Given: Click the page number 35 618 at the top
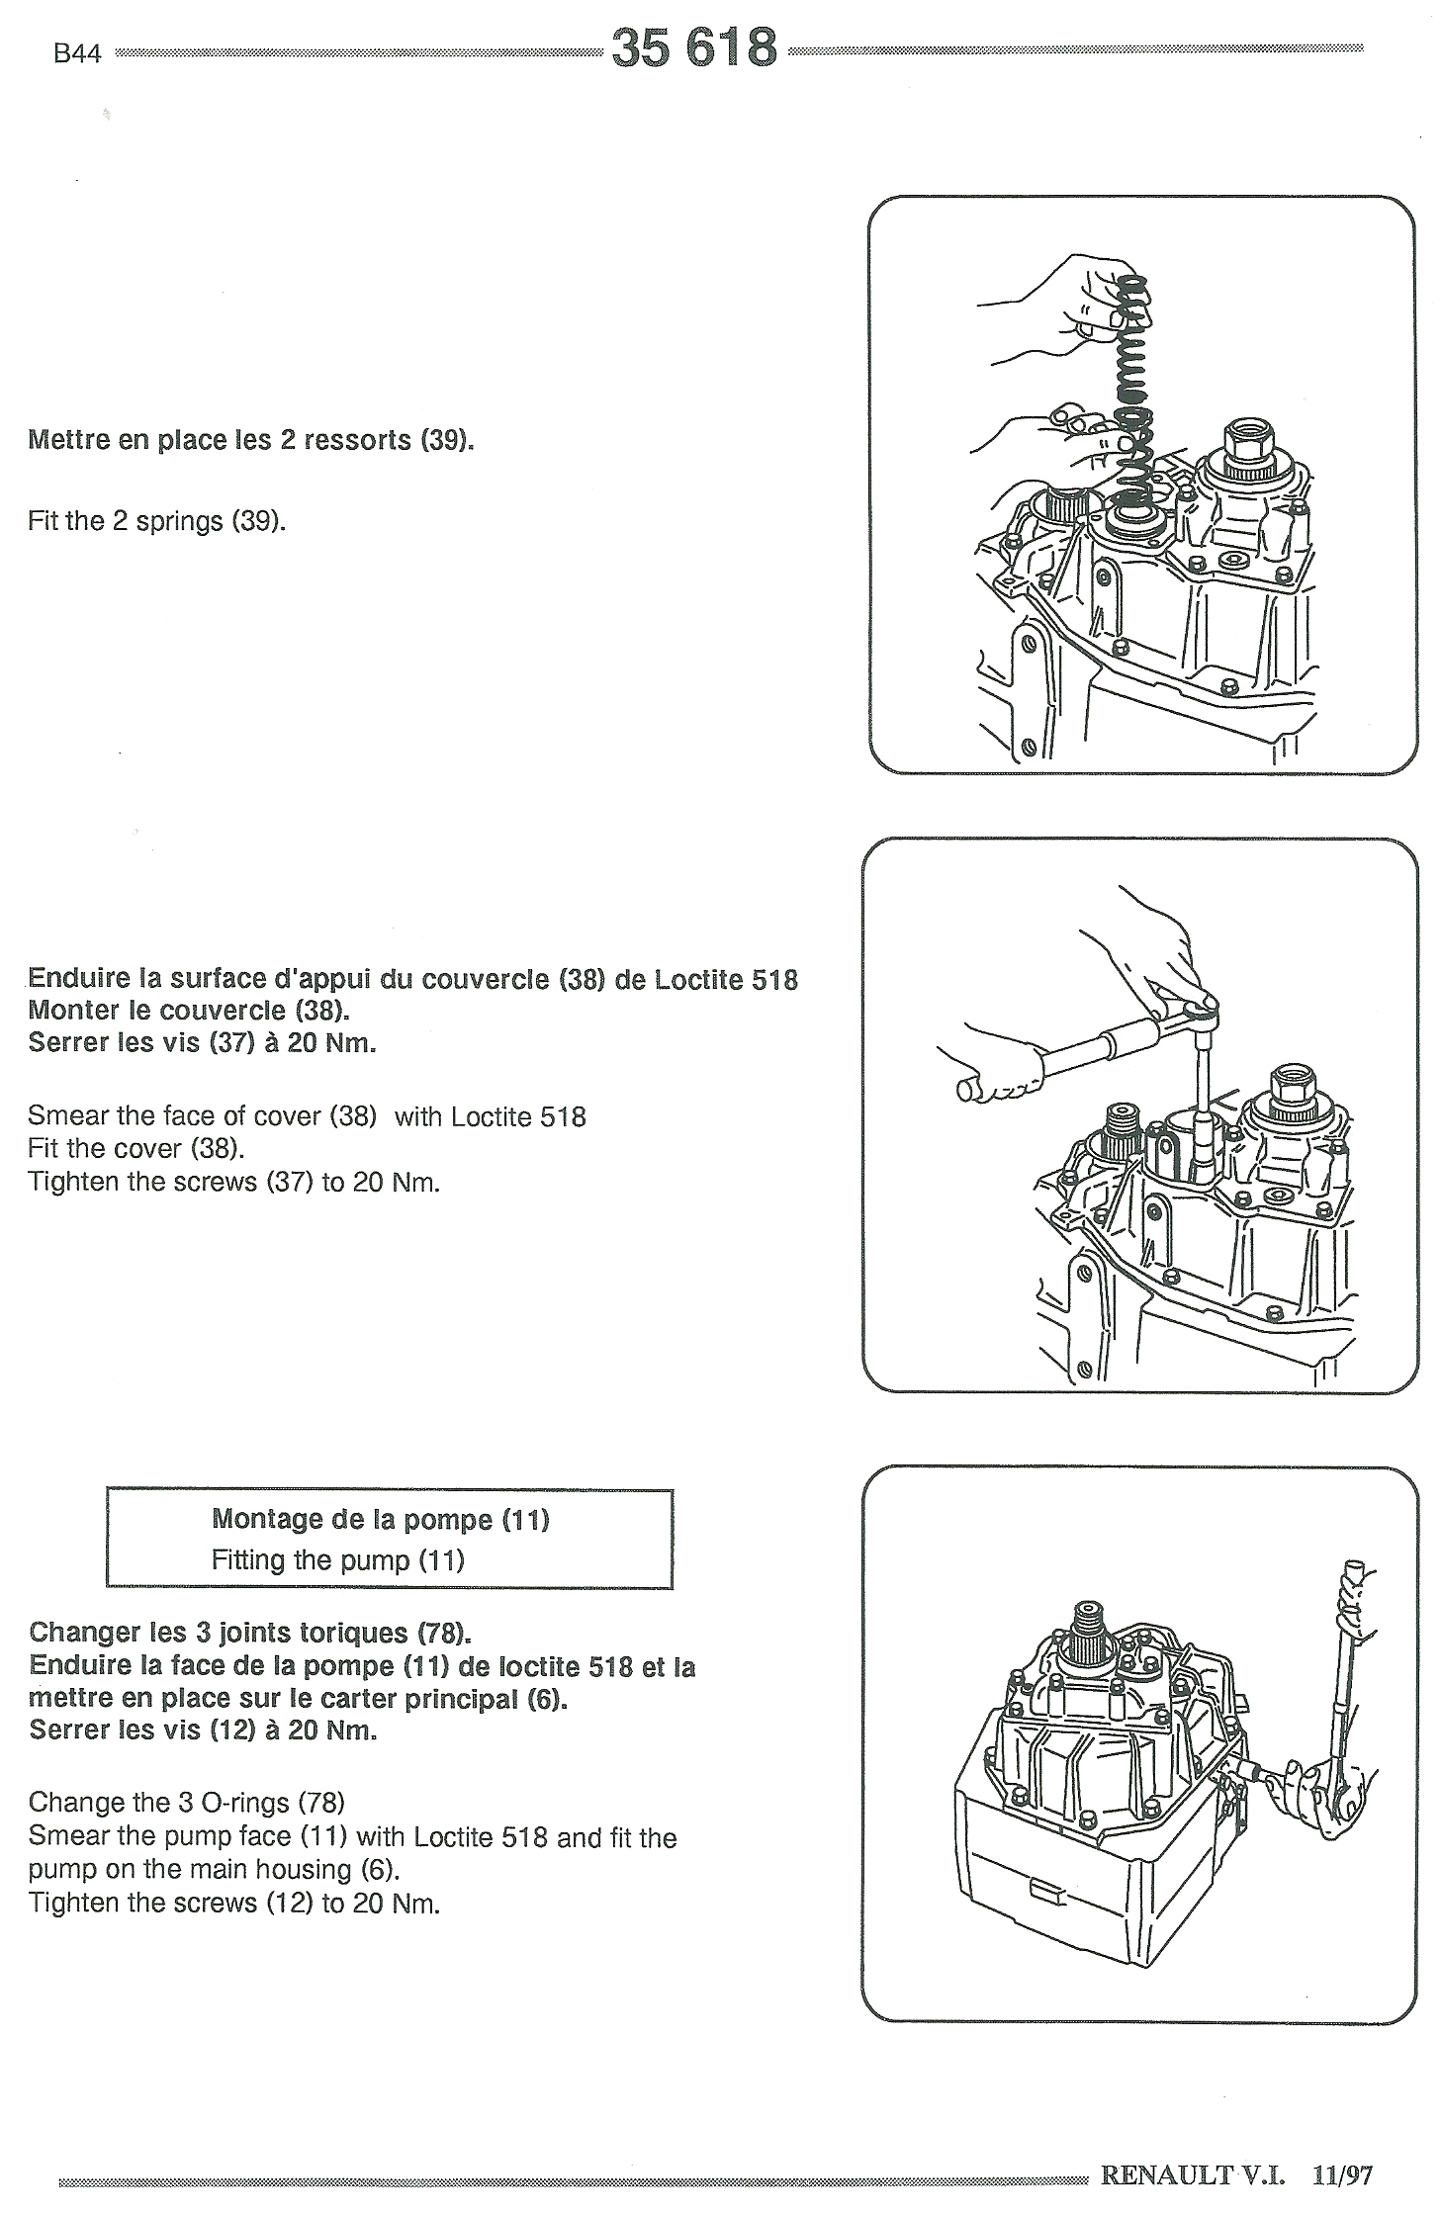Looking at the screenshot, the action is (x=694, y=46).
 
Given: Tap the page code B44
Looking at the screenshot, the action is (x=77, y=54).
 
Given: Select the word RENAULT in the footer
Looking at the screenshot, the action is (x=1166, y=2174).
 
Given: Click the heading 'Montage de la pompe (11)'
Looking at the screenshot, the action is (x=381, y=1519).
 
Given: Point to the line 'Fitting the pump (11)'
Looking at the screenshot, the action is (x=338, y=1560).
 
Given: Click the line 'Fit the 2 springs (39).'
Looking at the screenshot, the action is (x=157, y=521).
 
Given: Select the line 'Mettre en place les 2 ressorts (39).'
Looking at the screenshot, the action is (x=251, y=440).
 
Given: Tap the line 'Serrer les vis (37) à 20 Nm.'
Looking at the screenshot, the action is (x=203, y=1042).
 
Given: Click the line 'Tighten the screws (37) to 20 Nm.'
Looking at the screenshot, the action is (x=234, y=1182).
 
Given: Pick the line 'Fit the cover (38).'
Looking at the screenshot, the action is (x=136, y=1149).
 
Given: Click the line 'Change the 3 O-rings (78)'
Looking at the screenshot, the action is (x=187, y=1803).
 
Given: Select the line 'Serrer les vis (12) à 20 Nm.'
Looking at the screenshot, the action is (x=204, y=1730).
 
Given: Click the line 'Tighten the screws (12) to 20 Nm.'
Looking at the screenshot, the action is (x=234, y=1904).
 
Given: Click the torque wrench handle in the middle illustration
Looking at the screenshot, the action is (x=999, y=1073).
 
